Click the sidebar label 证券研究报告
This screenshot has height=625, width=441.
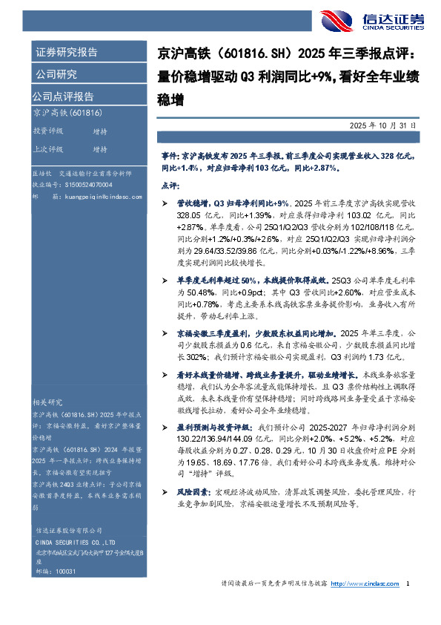66,53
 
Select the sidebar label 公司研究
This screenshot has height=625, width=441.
56,74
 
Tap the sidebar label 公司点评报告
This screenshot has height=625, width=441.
63,96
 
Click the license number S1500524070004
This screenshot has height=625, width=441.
82,184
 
